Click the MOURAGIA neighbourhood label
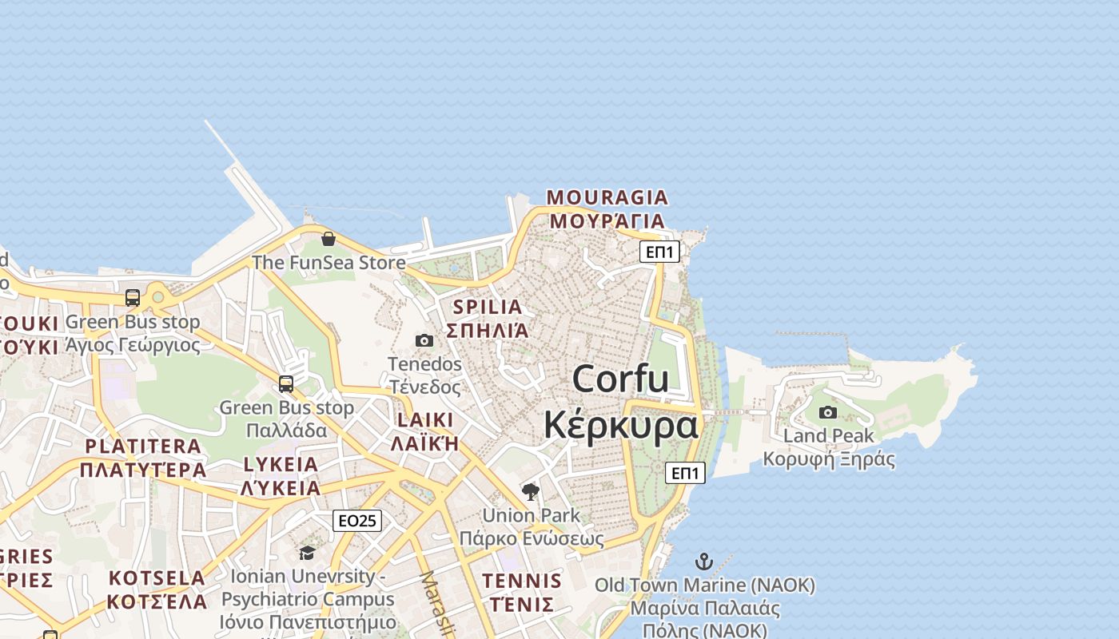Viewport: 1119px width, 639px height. tap(607, 197)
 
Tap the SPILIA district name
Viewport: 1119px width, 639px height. tap(487, 307)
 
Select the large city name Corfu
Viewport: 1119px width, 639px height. tap(620, 378)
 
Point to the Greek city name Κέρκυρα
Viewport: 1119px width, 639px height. tap(620, 425)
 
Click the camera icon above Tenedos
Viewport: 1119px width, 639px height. tap(424, 341)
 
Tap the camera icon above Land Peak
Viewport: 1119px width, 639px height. tap(828, 412)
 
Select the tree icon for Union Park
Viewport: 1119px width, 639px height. tap(530, 491)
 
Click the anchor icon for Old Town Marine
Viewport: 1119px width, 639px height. tap(704, 562)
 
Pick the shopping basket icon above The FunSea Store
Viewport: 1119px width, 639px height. tap(328, 239)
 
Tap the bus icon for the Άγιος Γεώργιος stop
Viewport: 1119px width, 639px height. tap(133, 298)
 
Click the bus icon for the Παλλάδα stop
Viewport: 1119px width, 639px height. tap(286, 383)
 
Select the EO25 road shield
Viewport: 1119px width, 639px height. tap(357, 521)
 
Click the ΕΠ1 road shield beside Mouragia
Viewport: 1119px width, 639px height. tap(659, 252)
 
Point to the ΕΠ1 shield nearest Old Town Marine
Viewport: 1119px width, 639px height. tap(685, 473)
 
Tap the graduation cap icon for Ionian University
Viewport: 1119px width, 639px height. tap(307, 553)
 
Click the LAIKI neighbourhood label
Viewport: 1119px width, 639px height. tap(424, 420)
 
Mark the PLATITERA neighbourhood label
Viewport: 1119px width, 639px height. tap(143, 447)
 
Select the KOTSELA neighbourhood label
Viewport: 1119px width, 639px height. tap(157, 577)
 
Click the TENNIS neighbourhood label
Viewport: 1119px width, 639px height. tap(522, 581)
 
